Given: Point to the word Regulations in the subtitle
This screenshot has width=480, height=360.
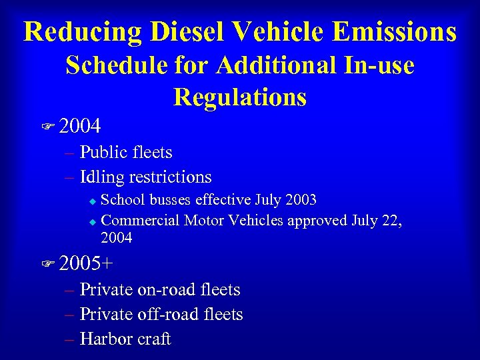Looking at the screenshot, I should pyautogui.click(x=240, y=97).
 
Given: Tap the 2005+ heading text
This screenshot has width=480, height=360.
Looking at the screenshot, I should pyautogui.click(x=86, y=263).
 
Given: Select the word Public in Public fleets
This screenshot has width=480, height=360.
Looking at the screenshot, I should pyautogui.click(x=104, y=153).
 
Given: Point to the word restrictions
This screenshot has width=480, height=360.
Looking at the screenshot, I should pyautogui.click(x=170, y=177).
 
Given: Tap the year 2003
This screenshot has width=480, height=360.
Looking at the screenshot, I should pyautogui.click(x=299, y=200).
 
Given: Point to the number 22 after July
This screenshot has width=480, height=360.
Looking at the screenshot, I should pyautogui.click(x=393, y=219).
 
